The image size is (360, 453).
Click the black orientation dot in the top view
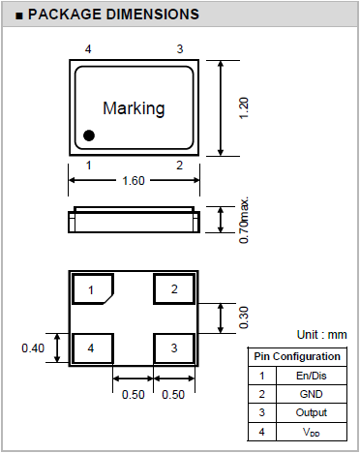[x=89, y=136]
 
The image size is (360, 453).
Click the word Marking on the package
[x=134, y=108]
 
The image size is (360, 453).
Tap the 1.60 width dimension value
[x=134, y=181]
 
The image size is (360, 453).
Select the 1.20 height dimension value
[x=244, y=108]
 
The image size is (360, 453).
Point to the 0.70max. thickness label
[x=244, y=220]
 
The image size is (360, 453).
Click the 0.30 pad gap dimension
[x=244, y=317]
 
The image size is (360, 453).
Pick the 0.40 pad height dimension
[x=33, y=348]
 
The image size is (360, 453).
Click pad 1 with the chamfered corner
[x=93, y=289]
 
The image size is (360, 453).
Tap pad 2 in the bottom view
[x=174, y=289]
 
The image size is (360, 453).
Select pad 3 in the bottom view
[x=174, y=348]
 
